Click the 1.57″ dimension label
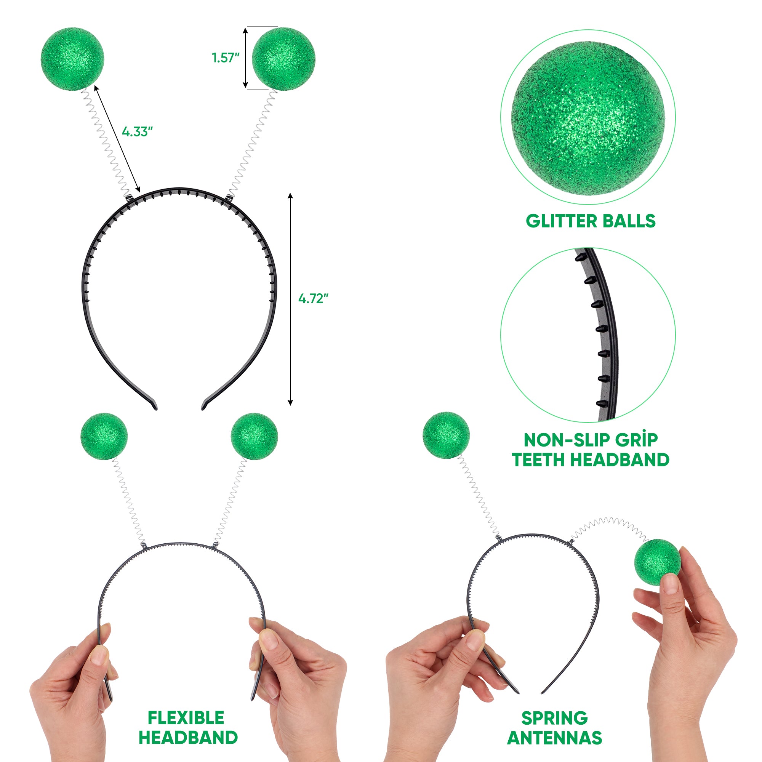tap(226, 58)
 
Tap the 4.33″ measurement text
tap(137, 132)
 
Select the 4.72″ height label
tap(313, 299)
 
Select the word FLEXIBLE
tap(186, 718)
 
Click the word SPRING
tap(554, 718)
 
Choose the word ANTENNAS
tap(554, 738)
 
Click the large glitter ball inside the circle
tap(588, 118)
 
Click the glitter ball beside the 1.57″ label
tap(283, 59)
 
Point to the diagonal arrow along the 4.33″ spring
tap(117, 138)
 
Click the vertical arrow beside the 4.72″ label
tap(290, 299)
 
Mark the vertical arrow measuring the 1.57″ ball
tap(245, 58)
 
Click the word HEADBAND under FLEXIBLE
tap(188, 738)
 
